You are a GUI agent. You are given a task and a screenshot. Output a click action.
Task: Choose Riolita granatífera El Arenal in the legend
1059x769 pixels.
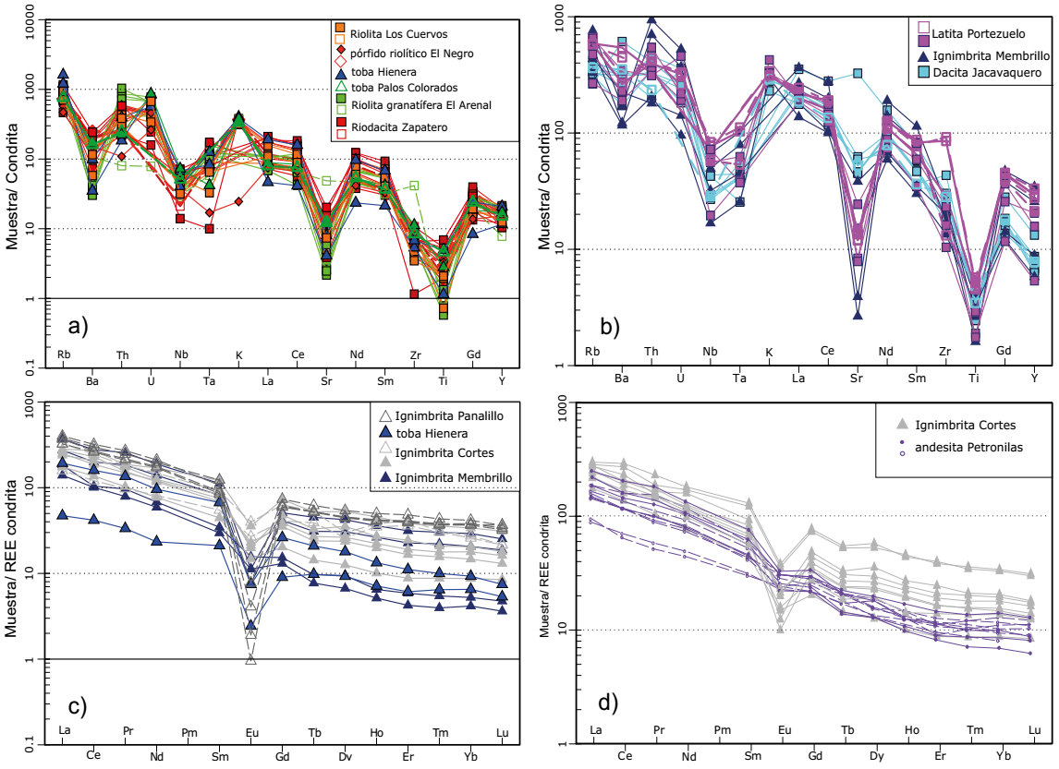[x=420, y=104]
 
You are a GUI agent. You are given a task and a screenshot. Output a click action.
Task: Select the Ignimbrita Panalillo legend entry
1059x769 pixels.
[x=440, y=416]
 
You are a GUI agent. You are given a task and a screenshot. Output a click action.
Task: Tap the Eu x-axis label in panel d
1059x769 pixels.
[x=785, y=730]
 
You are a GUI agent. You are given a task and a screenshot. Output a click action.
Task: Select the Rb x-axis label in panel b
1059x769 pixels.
[x=592, y=351]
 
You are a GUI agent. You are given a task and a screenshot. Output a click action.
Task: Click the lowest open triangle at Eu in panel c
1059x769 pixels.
[x=250, y=658]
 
